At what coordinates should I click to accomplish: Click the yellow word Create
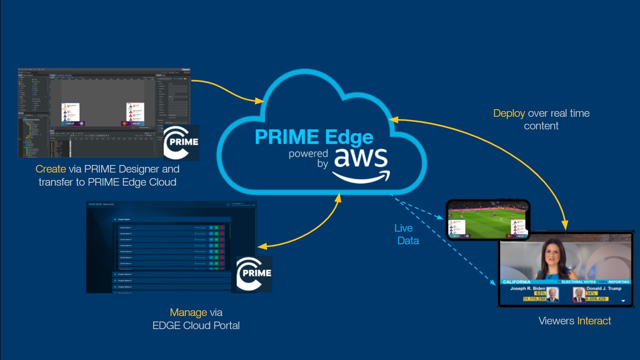pyautogui.click(x=50, y=169)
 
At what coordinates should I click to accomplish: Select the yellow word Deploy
pyautogui.click(x=509, y=113)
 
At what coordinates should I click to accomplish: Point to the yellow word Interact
pyautogui.click(x=594, y=321)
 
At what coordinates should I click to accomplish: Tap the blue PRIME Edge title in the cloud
pyautogui.click(x=314, y=137)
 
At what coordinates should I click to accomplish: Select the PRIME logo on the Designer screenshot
pyautogui.click(x=181, y=142)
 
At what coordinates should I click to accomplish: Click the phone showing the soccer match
pyautogui.click(x=488, y=219)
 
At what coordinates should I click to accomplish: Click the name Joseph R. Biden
pyautogui.click(x=528, y=288)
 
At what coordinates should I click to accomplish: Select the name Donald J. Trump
pyautogui.click(x=603, y=288)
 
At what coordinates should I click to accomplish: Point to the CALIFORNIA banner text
pyautogui.click(x=516, y=282)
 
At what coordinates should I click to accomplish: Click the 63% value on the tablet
pyautogui.click(x=540, y=293)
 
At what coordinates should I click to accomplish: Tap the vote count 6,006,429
pyautogui.click(x=596, y=299)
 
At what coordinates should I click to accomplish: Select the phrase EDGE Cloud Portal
pyautogui.click(x=196, y=325)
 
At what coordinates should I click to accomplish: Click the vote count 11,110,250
pyautogui.click(x=535, y=299)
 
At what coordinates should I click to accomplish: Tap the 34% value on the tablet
pyautogui.click(x=590, y=293)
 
